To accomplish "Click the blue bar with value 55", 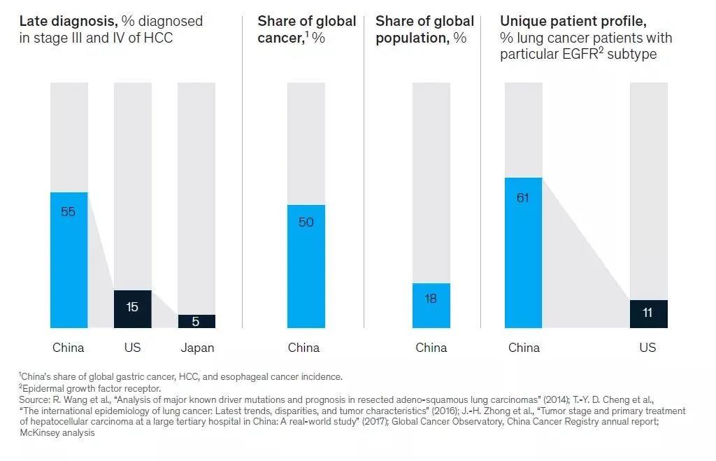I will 69,260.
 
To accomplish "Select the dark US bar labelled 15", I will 132,308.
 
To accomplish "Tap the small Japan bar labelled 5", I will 196,321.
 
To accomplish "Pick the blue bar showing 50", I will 306,266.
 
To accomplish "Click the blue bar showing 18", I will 431,305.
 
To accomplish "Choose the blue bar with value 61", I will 524,253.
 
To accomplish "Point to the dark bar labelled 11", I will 648,313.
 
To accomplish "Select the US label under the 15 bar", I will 132,348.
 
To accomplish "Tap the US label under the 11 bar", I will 647,348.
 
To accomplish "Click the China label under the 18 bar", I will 431,348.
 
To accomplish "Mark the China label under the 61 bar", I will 524,348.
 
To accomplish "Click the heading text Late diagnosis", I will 67,21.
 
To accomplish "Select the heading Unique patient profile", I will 573,21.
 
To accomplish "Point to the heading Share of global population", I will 423,29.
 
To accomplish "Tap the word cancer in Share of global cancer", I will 280,38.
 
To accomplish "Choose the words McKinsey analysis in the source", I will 57,433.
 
